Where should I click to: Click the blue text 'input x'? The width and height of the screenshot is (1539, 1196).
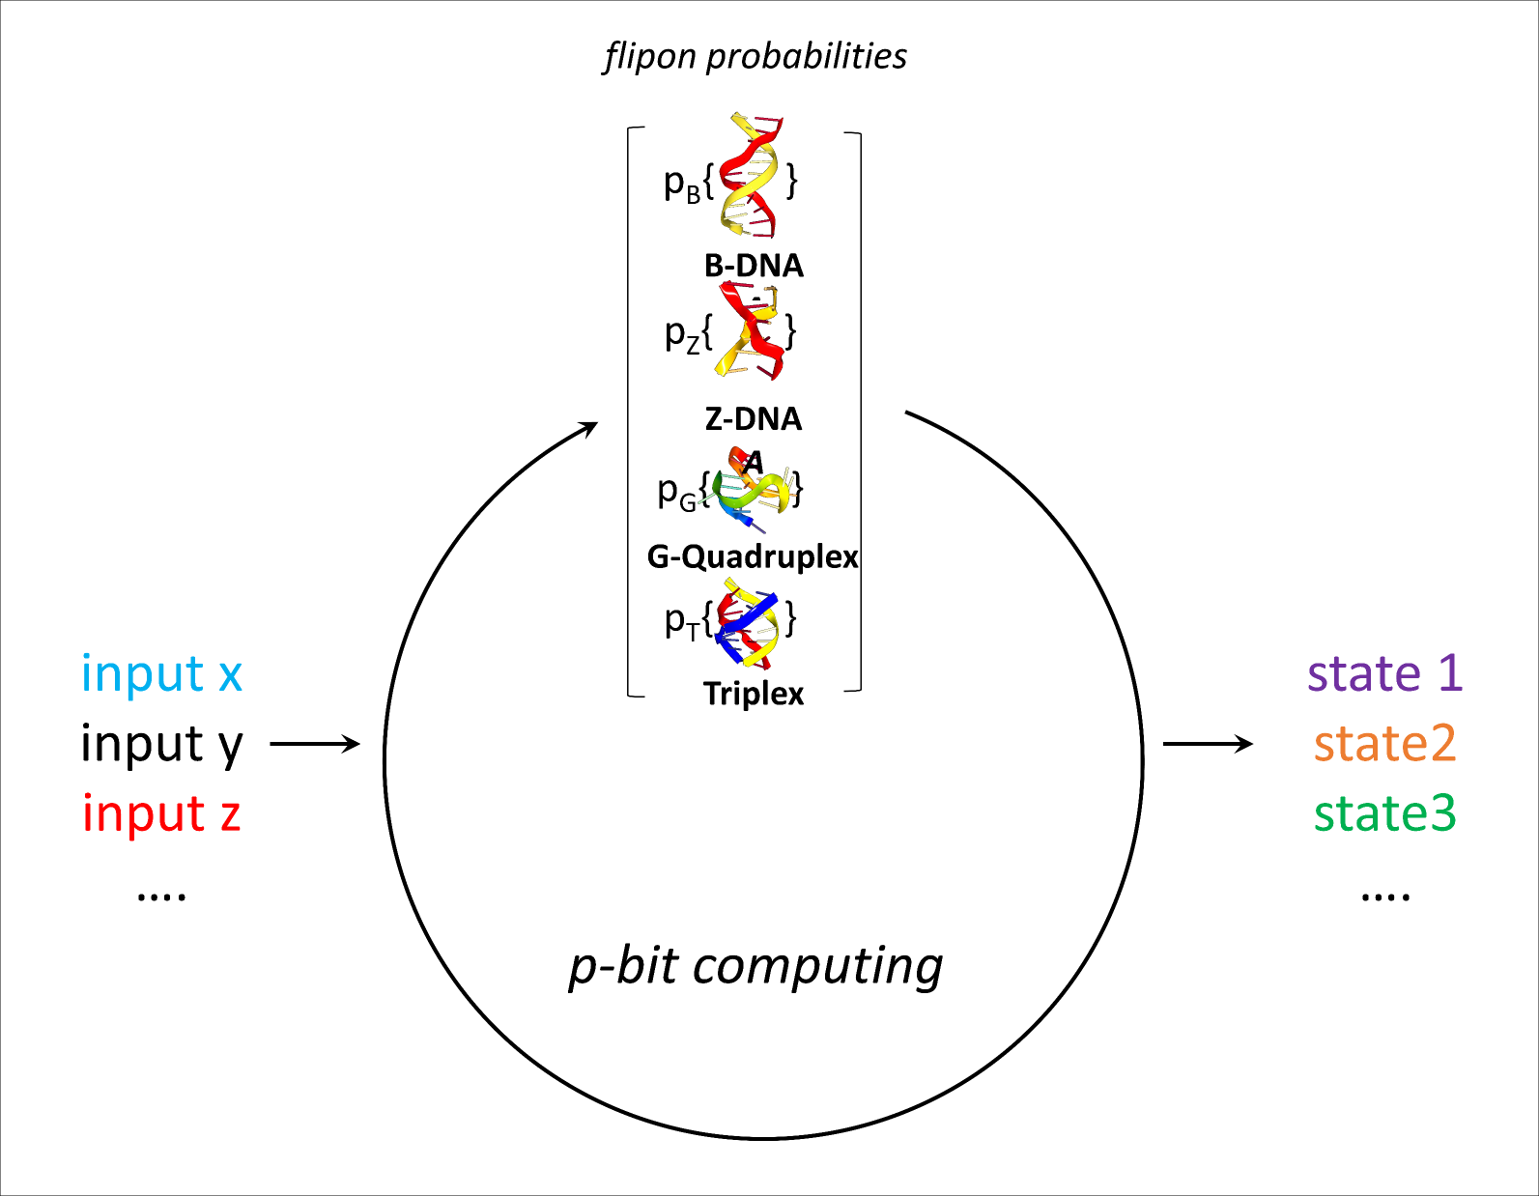click(x=161, y=673)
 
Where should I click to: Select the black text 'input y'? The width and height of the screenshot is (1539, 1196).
click(x=161, y=744)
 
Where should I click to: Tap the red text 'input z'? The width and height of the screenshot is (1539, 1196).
click(x=161, y=813)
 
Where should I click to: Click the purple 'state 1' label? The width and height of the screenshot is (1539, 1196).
click(x=1384, y=673)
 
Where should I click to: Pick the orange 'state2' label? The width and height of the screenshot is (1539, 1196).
click(x=1384, y=744)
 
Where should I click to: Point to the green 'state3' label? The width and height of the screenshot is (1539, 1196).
click(x=1384, y=813)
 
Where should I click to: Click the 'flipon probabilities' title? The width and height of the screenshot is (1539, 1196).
click(x=755, y=56)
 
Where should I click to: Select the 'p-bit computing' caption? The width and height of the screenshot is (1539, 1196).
click(x=755, y=966)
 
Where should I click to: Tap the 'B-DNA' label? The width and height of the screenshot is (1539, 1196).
click(x=754, y=266)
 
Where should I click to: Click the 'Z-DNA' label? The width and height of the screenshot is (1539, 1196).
click(x=754, y=419)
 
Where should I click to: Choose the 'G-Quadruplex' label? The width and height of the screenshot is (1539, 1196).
click(x=753, y=556)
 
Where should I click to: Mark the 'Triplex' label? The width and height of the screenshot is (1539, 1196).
click(x=754, y=694)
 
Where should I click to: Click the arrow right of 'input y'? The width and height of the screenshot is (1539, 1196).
click(x=315, y=744)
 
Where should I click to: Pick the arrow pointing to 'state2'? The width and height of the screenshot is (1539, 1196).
click(x=1208, y=744)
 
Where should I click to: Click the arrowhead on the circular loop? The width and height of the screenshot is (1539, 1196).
click(x=588, y=427)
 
